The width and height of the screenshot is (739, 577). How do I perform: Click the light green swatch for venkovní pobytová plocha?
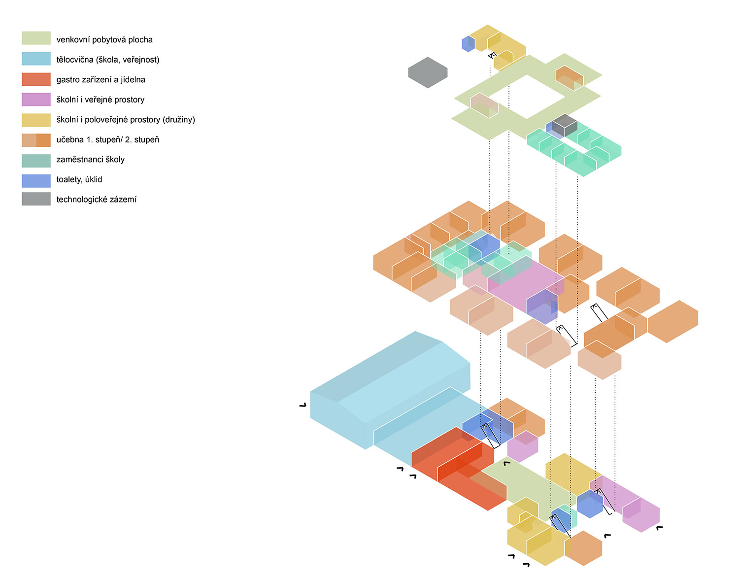click(x=36, y=38)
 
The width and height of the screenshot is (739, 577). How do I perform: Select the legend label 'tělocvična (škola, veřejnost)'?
click(x=107, y=60)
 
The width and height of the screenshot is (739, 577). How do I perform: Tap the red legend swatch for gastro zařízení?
click(x=36, y=79)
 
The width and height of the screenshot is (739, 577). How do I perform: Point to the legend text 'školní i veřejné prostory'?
click(x=100, y=100)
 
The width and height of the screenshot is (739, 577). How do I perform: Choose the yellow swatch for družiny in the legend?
click(x=36, y=120)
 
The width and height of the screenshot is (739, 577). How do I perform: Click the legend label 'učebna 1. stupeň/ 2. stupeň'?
click(x=107, y=139)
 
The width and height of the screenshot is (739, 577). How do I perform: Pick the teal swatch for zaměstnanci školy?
click(x=36, y=161)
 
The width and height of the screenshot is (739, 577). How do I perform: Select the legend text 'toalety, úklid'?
click(x=79, y=179)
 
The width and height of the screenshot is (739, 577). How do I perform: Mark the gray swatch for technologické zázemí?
click(x=36, y=199)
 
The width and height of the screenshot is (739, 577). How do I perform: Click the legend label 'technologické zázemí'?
click(x=96, y=200)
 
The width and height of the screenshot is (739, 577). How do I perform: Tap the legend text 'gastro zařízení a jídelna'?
click(x=101, y=79)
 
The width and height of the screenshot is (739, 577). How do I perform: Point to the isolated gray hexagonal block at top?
click(x=428, y=72)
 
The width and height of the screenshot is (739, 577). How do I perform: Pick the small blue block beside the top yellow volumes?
click(x=468, y=44)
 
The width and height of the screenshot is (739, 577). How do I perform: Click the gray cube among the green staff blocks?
click(x=564, y=125)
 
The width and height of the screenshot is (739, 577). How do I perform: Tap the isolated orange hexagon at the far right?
click(x=673, y=321)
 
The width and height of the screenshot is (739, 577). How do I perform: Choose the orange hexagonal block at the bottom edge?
click(x=584, y=548)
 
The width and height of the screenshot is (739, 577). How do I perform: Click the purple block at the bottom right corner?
click(x=641, y=515)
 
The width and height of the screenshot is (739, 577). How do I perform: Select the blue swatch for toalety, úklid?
click(x=36, y=180)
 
